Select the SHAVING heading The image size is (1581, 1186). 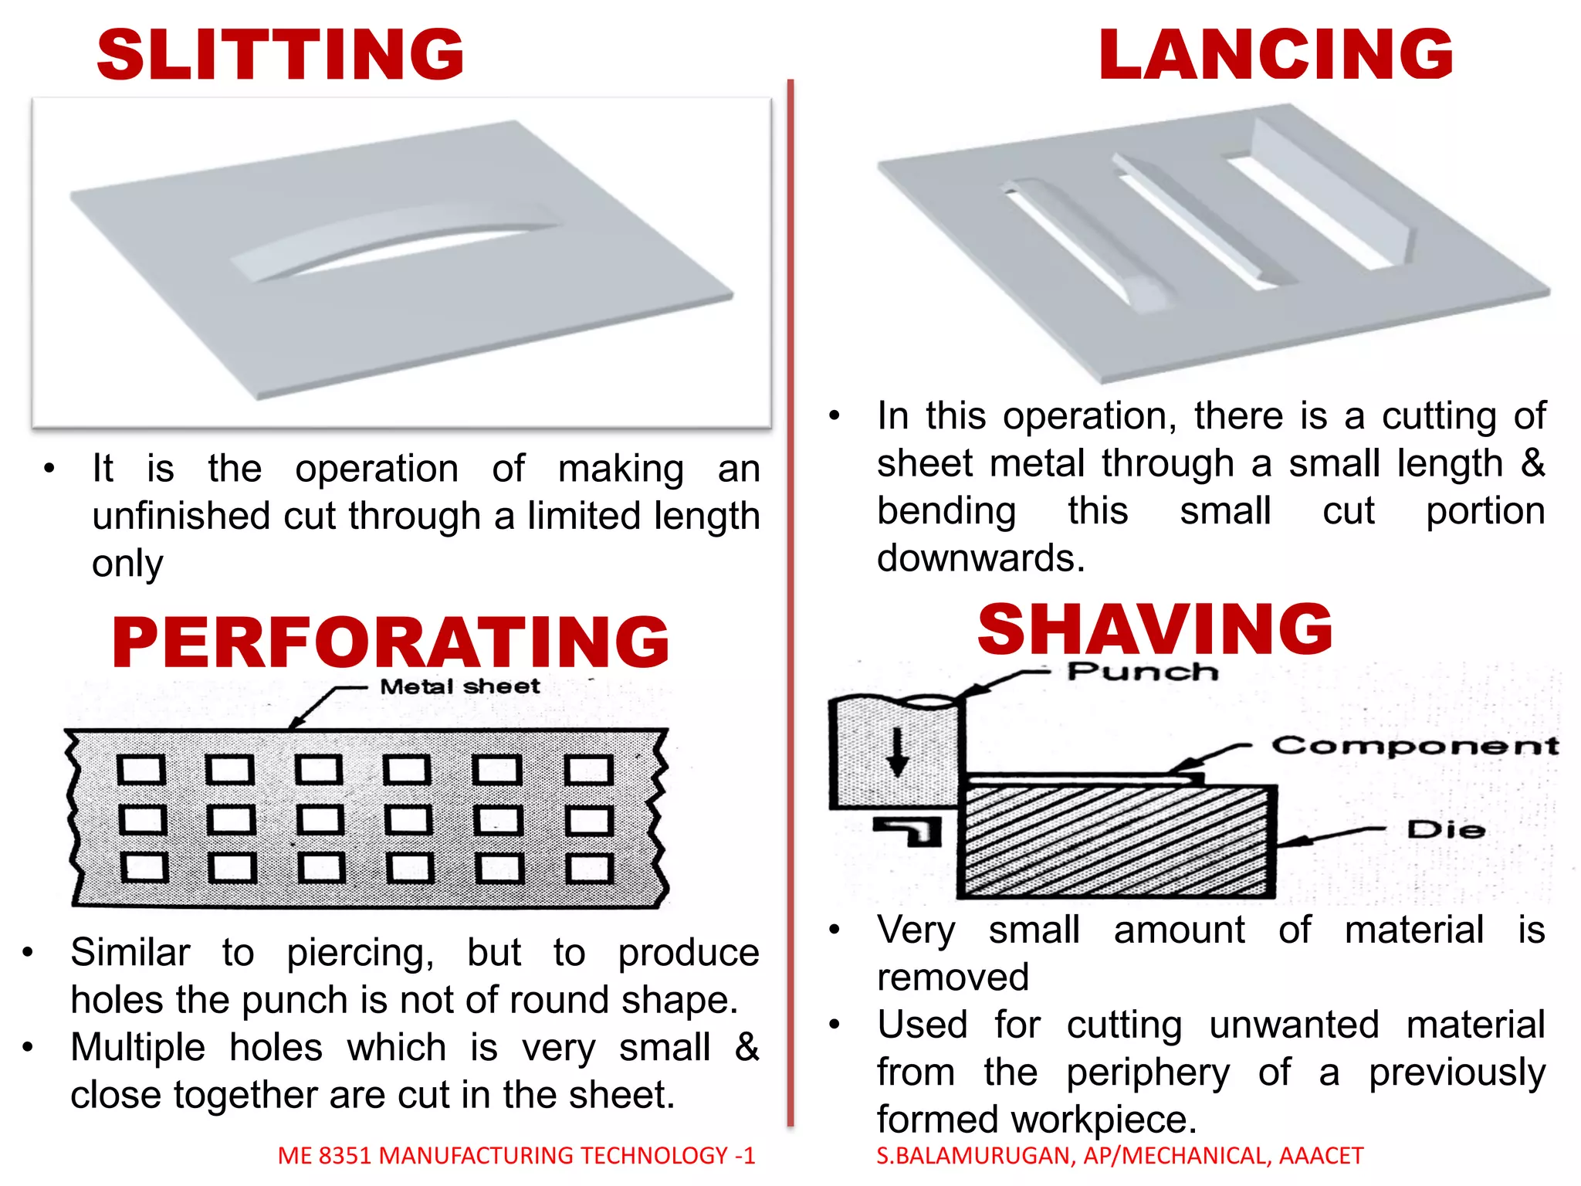point(1155,629)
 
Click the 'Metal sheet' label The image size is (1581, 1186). point(460,686)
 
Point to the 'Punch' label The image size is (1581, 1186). point(1143,672)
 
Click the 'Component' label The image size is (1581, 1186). point(1415,746)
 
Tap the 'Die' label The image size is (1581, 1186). point(1446,830)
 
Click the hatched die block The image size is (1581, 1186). point(1116,842)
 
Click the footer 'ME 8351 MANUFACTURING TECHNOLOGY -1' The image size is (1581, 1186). point(516,1155)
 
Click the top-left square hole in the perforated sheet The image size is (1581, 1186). point(141,770)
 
